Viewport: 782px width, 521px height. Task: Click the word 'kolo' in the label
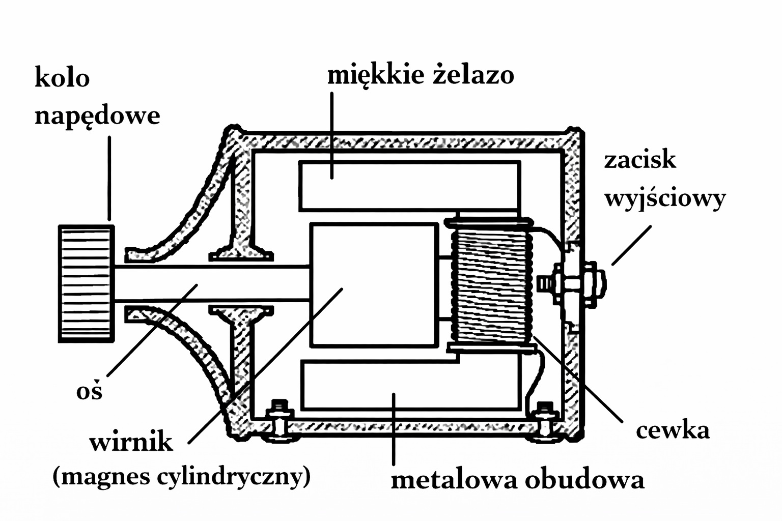coord(62,78)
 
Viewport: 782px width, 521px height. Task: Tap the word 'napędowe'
coord(97,115)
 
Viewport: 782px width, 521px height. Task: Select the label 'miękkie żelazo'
coord(421,75)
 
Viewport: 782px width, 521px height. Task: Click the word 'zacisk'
coord(640,160)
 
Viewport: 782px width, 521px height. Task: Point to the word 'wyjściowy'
coord(665,198)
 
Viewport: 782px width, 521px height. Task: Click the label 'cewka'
coord(673,430)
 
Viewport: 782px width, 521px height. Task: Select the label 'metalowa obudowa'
coord(517,479)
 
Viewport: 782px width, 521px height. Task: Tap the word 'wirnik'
coord(131,442)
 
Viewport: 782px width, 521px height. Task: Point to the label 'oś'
coord(90,391)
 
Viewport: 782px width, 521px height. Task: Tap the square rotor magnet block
coord(374,285)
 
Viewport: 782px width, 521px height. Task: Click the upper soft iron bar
coord(409,186)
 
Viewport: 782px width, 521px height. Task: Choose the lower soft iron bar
coord(410,385)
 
